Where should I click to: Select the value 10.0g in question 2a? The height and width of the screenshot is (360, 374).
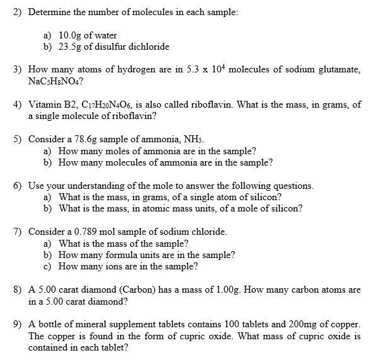[x=70, y=36]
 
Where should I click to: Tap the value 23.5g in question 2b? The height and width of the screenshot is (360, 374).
[x=70, y=47]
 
